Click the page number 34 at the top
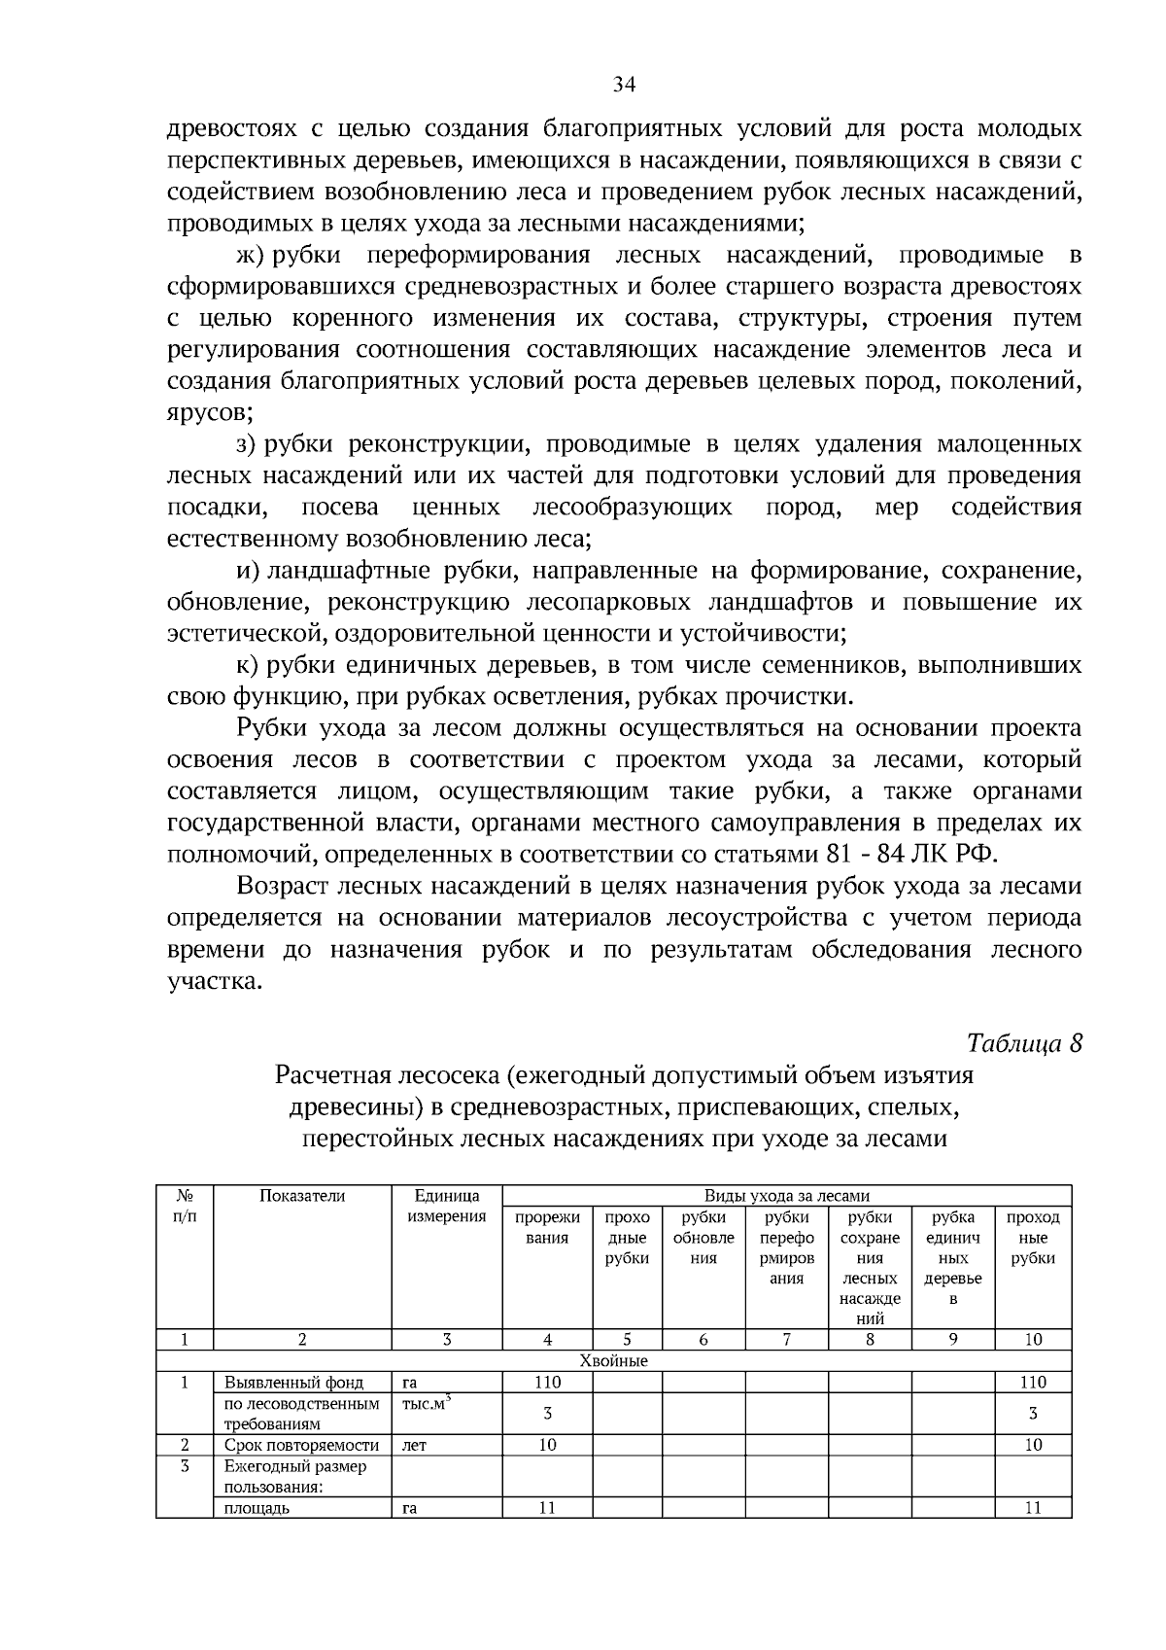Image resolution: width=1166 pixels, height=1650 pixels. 624,85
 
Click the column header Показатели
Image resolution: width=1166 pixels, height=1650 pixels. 301,1196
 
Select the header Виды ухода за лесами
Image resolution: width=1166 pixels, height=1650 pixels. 786,1196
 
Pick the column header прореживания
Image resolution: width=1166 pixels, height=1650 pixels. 547,1227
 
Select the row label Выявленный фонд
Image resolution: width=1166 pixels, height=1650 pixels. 293,1382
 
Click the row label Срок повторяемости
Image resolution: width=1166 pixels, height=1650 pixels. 301,1445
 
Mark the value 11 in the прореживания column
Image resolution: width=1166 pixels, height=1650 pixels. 547,1508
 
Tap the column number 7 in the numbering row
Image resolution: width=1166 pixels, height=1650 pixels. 786,1340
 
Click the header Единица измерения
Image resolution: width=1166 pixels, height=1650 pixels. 446,1206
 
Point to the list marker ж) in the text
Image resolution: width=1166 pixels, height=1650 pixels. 251,256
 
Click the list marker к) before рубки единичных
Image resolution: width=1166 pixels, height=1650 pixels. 249,666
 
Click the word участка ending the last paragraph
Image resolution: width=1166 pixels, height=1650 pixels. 214,981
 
